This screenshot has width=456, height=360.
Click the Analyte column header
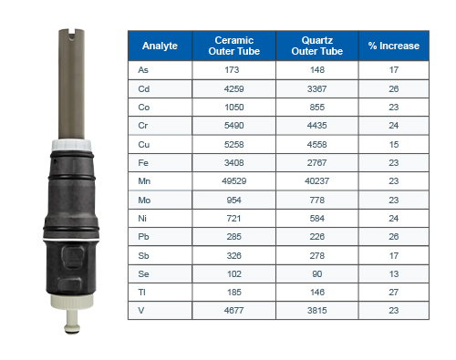click(x=160, y=46)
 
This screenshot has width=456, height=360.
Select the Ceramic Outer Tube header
click(x=234, y=46)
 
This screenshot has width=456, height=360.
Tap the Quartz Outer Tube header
click(x=317, y=46)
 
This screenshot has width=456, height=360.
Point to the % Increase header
click(x=394, y=46)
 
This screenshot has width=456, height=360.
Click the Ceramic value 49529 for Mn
click(x=234, y=181)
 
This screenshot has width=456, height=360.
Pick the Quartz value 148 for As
click(x=317, y=70)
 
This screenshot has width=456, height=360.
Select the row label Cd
click(x=144, y=89)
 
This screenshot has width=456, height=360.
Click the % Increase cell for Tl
click(x=394, y=293)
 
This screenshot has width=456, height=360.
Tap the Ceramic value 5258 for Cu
click(x=234, y=145)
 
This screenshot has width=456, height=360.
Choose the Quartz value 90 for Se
click(x=317, y=274)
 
